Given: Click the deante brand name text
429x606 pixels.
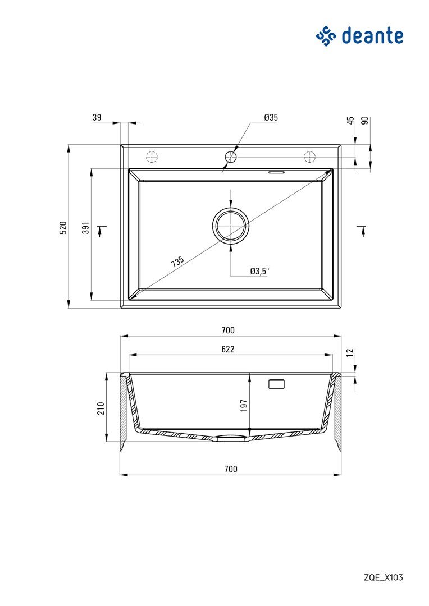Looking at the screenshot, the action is (x=372, y=36).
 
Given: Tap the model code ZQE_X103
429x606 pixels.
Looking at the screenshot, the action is (x=383, y=577).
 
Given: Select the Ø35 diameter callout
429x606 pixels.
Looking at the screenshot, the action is (x=271, y=117).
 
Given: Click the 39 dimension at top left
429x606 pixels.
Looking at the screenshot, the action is (x=97, y=117).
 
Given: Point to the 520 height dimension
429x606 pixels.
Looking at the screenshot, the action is (x=63, y=228).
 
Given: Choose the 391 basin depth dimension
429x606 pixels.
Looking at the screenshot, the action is (x=86, y=228).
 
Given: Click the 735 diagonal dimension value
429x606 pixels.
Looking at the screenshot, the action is (x=177, y=261).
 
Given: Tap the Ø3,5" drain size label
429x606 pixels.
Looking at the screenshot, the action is (x=259, y=272).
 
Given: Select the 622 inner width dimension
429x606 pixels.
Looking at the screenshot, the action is (x=228, y=350).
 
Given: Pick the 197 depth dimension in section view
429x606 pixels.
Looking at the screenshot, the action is (x=244, y=406).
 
